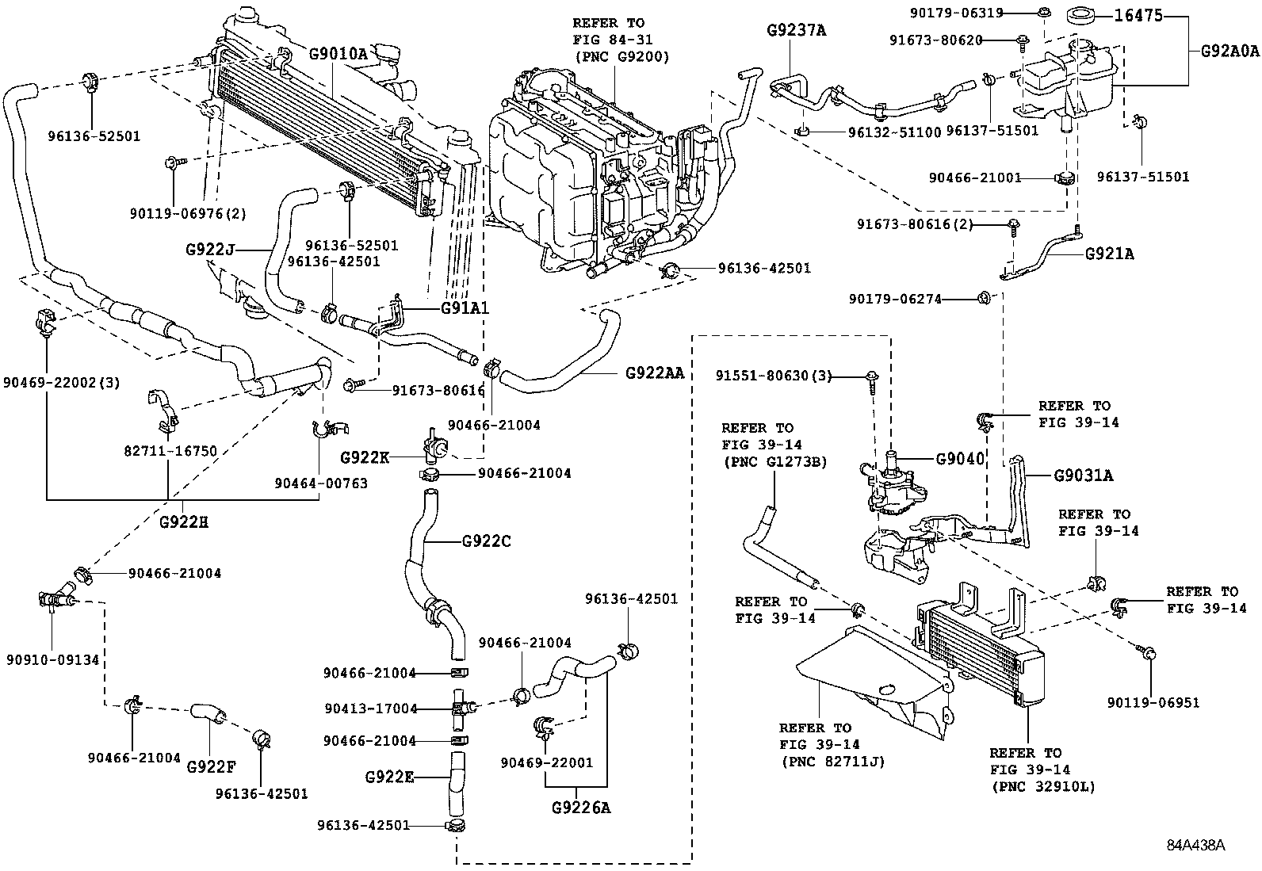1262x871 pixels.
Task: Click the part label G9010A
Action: click(338, 54)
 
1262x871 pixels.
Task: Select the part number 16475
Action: click(1138, 15)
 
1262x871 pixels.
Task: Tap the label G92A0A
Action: click(1229, 52)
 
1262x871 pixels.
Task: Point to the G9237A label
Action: click(796, 31)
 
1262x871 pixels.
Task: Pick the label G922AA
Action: click(654, 372)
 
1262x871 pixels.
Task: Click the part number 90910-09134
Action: click(52, 659)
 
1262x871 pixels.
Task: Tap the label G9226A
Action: click(582, 808)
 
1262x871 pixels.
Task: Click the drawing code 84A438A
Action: click(1195, 844)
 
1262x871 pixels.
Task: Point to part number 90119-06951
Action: click(1153, 702)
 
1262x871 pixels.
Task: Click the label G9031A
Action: click(1083, 476)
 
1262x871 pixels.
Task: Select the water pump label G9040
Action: click(959, 459)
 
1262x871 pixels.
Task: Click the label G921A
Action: click(1109, 254)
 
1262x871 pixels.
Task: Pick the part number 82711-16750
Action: click(170, 451)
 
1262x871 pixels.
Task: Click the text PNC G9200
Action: click(621, 56)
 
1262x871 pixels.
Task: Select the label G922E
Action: click(389, 777)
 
